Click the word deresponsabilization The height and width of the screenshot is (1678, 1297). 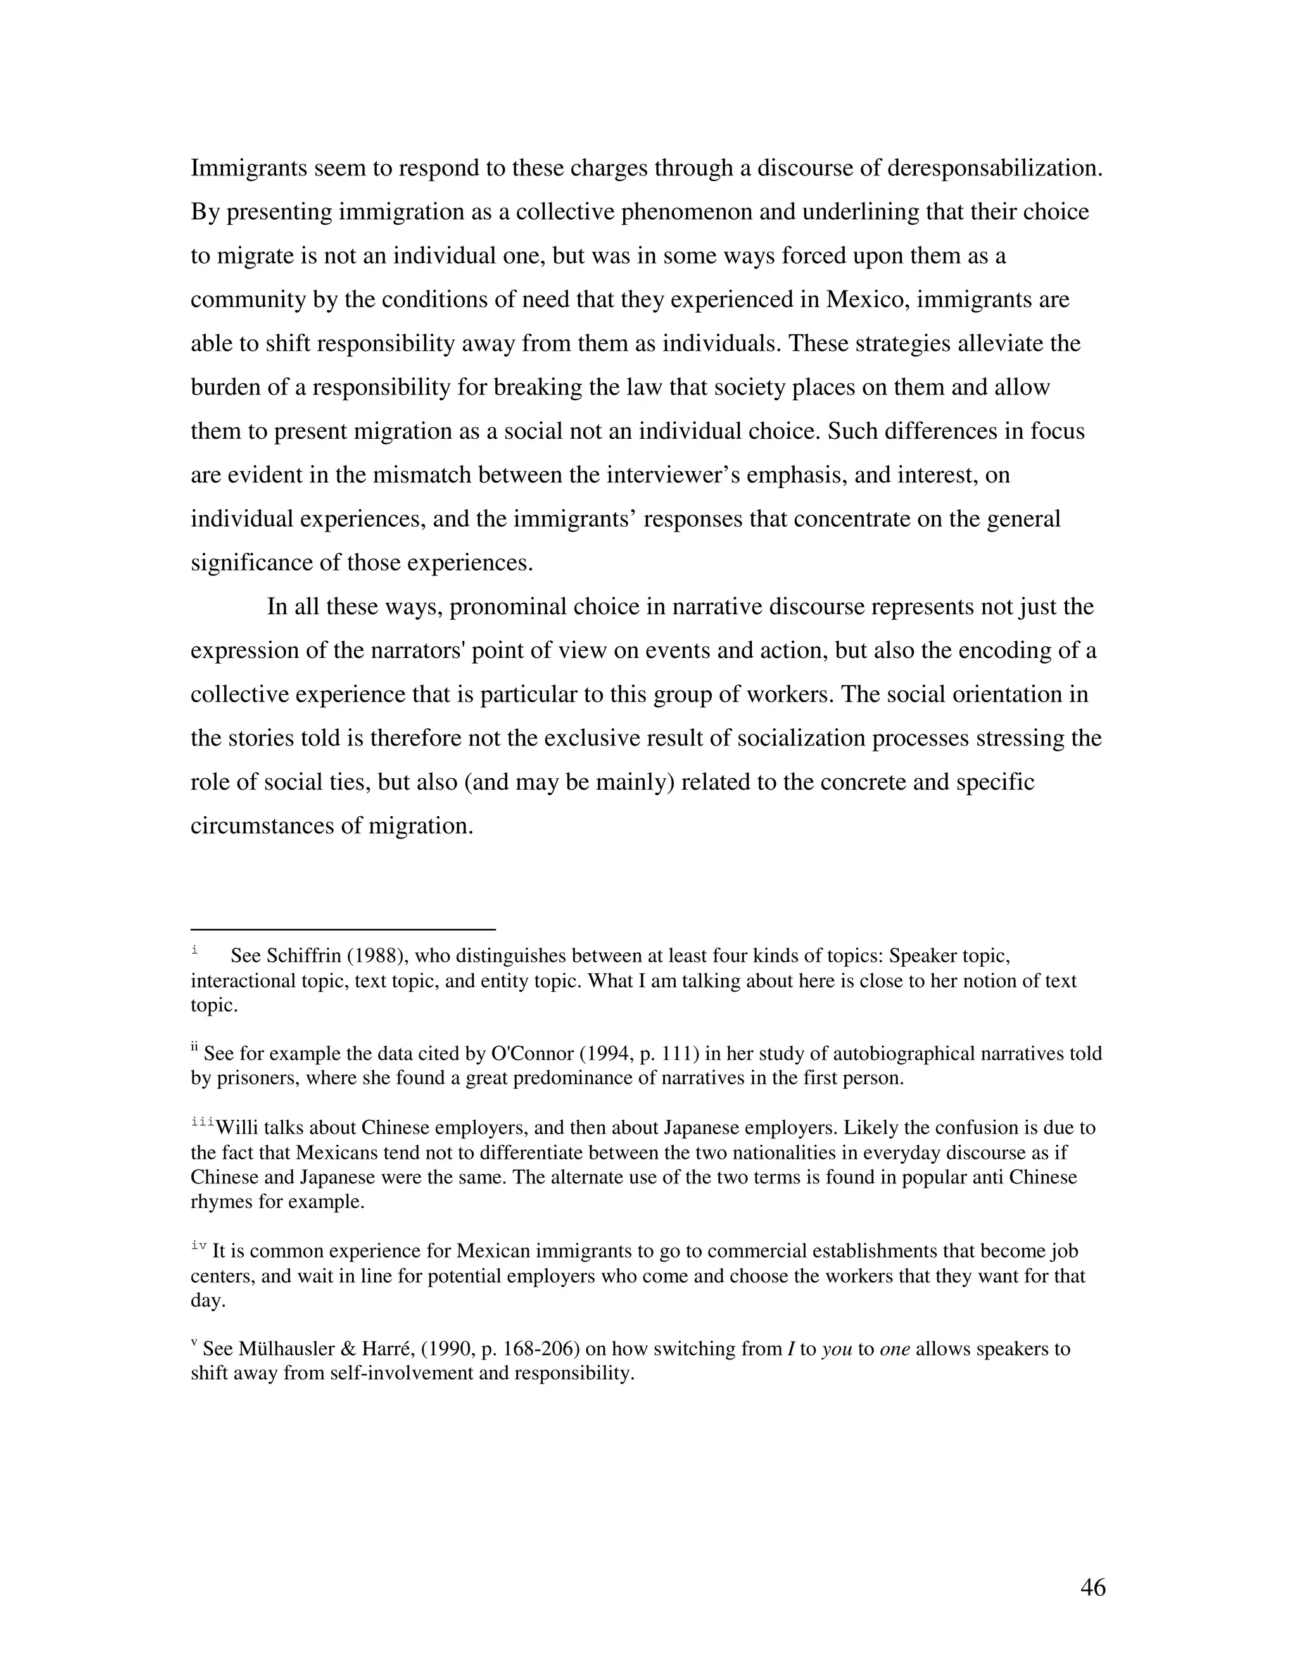tap(994, 168)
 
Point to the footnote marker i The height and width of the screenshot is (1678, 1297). tap(194, 950)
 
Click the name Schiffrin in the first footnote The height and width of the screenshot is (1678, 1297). tap(298, 956)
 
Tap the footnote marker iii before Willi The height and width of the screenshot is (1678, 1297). tap(202, 1123)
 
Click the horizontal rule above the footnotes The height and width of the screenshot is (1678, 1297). tap(343, 929)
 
